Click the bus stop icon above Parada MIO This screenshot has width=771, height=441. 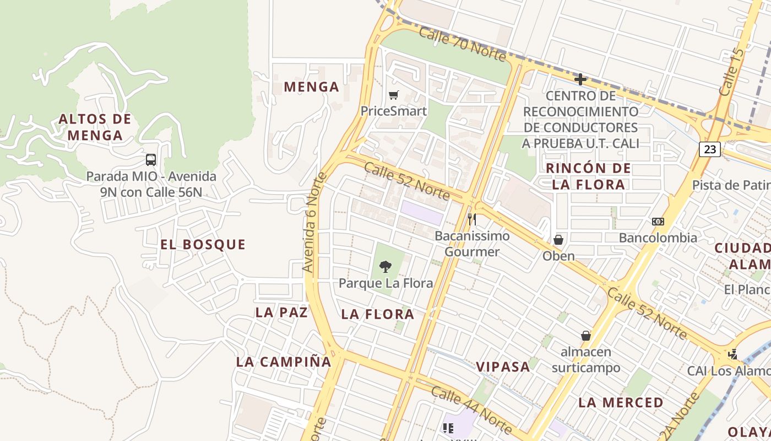(x=150, y=160)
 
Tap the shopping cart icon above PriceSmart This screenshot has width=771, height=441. (x=393, y=95)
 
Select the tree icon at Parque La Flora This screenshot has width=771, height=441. (x=385, y=267)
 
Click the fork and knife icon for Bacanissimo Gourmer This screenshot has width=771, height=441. (x=471, y=219)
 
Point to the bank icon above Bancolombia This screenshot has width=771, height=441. (x=658, y=222)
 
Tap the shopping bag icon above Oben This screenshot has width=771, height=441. (x=558, y=240)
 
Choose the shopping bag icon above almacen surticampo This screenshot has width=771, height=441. (x=586, y=336)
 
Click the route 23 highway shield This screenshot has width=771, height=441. (x=710, y=149)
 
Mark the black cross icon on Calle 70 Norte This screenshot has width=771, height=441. (x=580, y=79)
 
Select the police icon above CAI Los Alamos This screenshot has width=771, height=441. (x=732, y=354)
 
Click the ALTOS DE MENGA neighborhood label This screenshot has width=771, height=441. (x=95, y=127)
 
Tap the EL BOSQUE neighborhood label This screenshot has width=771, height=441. (x=203, y=245)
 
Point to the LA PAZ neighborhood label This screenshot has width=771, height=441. (x=281, y=312)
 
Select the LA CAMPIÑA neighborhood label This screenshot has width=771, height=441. (x=284, y=362)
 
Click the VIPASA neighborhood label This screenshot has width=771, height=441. (x=503, y=367)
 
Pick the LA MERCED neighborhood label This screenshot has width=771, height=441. (x=621, y=402)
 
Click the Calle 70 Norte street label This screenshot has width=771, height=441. (x=462, y=44)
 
